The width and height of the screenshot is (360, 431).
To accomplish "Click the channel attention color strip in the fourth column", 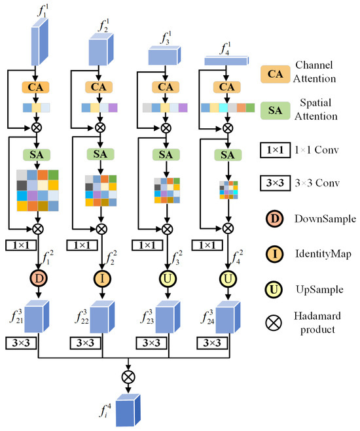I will pos(227,108).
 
